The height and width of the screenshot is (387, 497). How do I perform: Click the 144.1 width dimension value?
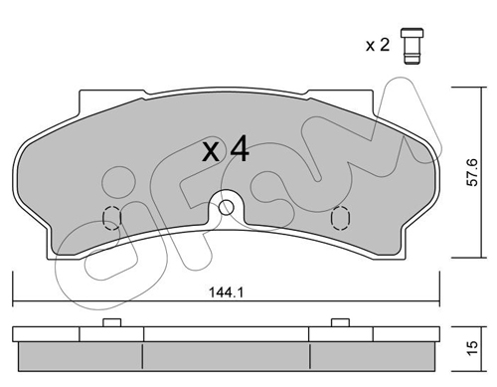click(x=227, y=292)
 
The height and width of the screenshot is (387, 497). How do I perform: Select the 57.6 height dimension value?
click(x=473, y=172)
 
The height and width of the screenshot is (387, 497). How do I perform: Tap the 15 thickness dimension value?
click(x=473, y=348)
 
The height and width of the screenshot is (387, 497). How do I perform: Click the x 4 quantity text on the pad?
click(x=226, y=149)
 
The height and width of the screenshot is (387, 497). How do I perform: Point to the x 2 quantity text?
click(x=378, y=45)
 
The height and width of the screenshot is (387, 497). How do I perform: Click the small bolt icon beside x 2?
click(x=412, y=46)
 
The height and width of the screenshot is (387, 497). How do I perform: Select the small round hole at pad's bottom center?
click(x=227, y=208)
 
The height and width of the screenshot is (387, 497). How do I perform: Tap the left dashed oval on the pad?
click(x=112, y=218)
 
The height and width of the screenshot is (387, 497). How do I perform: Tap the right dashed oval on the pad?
click(x=340, y=218)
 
